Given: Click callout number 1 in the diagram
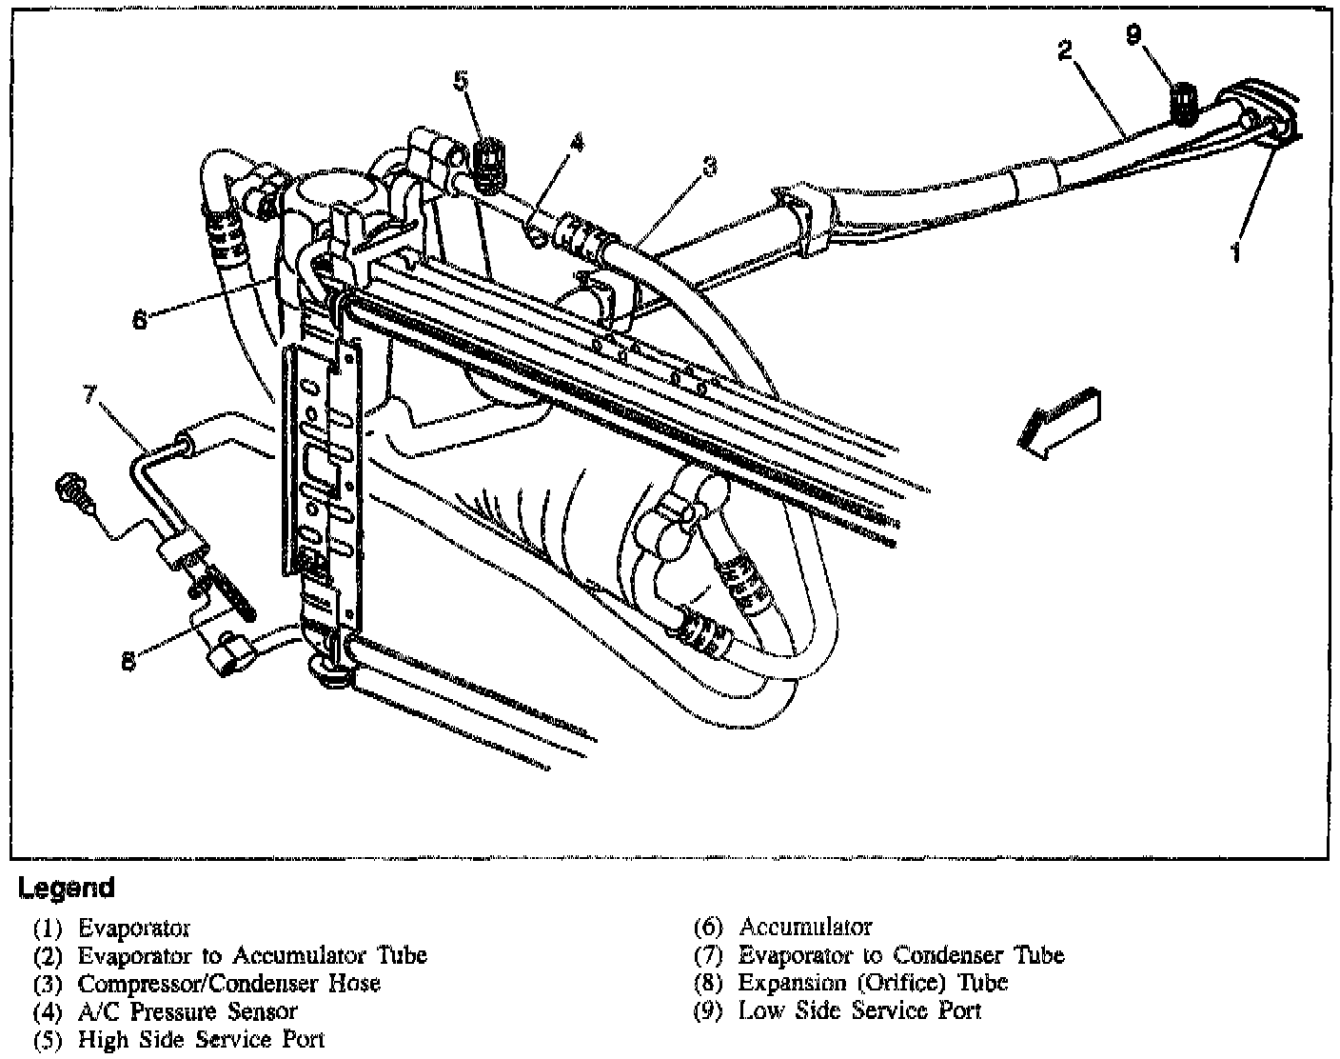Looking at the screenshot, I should (x=1235, y=251).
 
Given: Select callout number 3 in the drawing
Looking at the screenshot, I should (x=709, y=167).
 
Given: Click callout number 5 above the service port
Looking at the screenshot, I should (x=462, y=80).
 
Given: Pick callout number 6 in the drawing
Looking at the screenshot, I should (x=140, y=320).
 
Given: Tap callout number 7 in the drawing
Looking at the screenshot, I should (x=89, y=393).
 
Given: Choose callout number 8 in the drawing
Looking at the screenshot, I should (x=128, y=659).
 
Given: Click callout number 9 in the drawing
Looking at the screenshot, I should (x=1132, y=34).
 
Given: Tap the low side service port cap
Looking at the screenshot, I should (x=1183, y=101).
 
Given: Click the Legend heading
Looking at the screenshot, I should (x=66, y=889).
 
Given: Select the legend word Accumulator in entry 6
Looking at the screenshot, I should (x=805, y=927).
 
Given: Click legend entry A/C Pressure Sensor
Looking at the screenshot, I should (x=187, y=1011).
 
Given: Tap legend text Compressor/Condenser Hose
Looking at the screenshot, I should (x=228, y=983).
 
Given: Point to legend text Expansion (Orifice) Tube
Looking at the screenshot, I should (x=873, y=983).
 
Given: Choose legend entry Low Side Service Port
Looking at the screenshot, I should (x=859, y=1011).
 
